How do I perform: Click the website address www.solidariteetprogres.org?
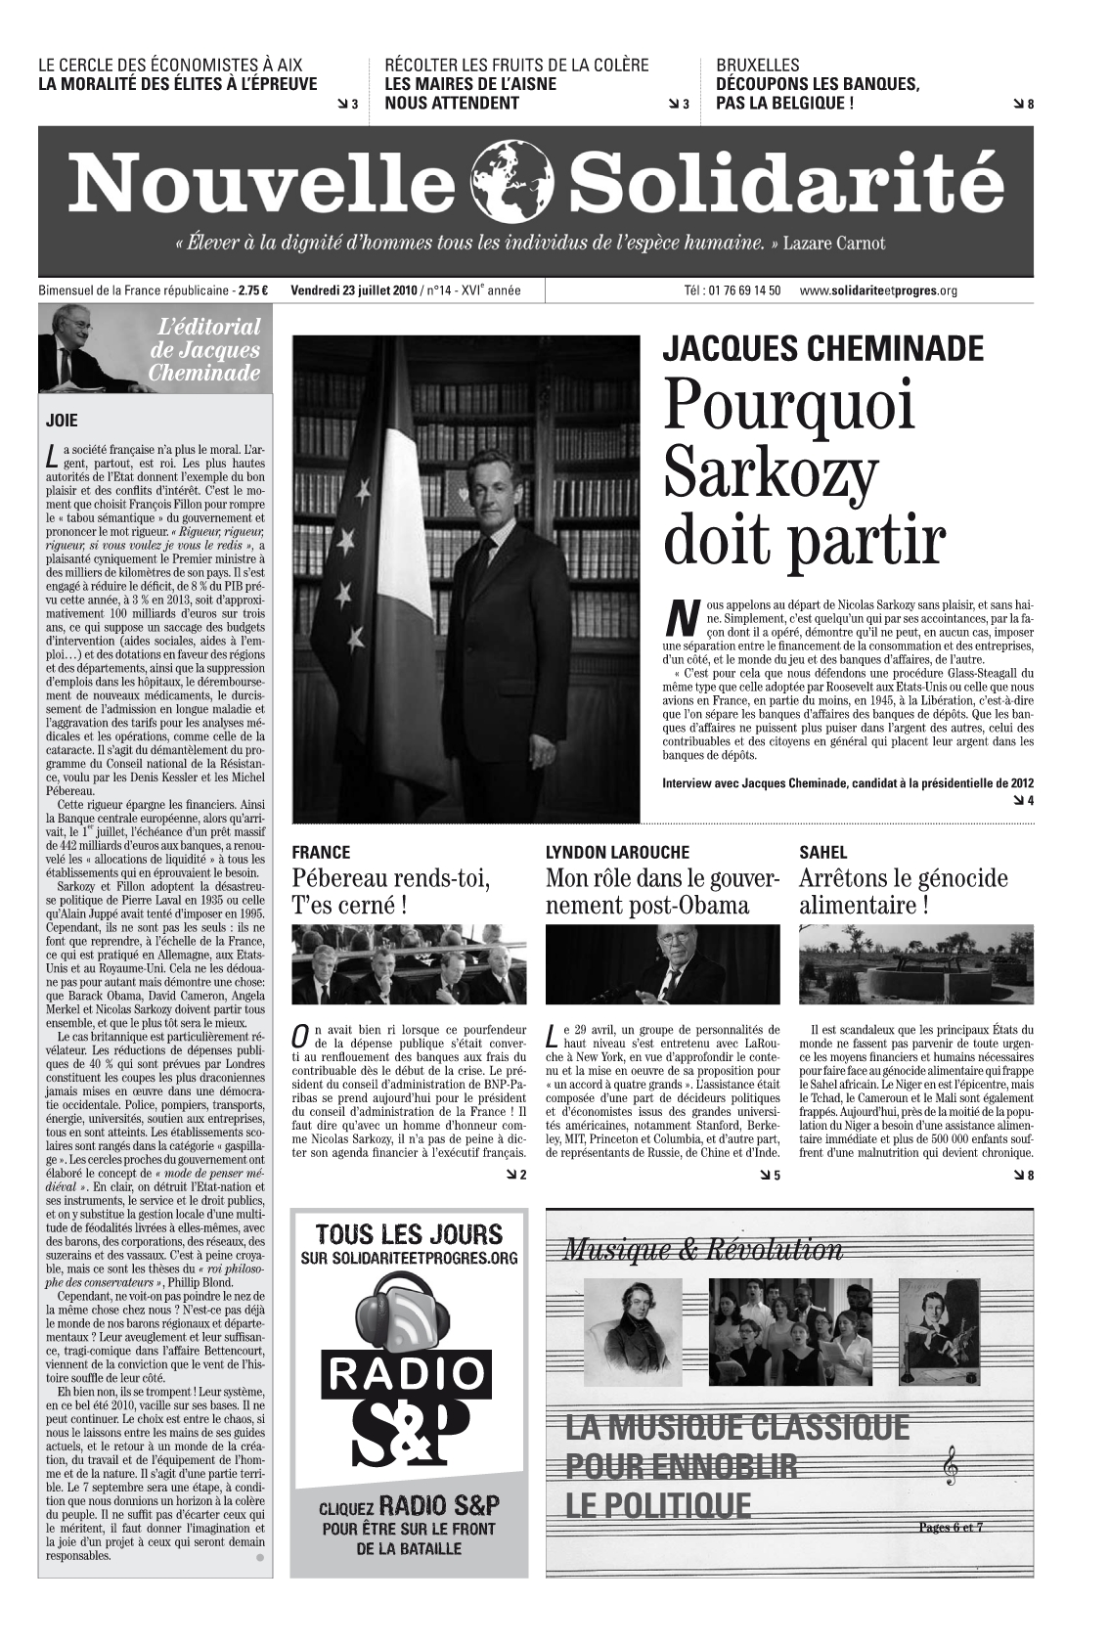tap(877, 290)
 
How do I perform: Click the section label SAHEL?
tap(822, 852)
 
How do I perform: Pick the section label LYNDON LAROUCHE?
tap(617, 852)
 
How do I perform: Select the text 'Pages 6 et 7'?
tap(950, 1527)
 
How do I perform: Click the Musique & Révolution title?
tap(702, 1249)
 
